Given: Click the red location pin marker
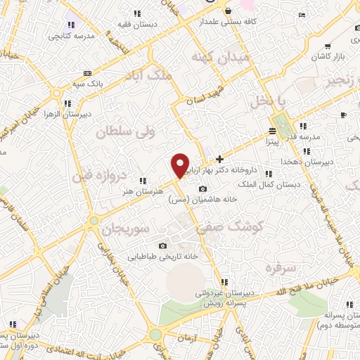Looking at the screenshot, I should point(180,165).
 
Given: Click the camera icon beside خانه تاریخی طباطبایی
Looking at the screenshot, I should point(163,245).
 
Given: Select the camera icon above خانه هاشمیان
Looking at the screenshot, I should point(203,188).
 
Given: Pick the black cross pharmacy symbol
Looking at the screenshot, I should point(220,159).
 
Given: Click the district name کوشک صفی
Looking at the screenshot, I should point(240,226).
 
